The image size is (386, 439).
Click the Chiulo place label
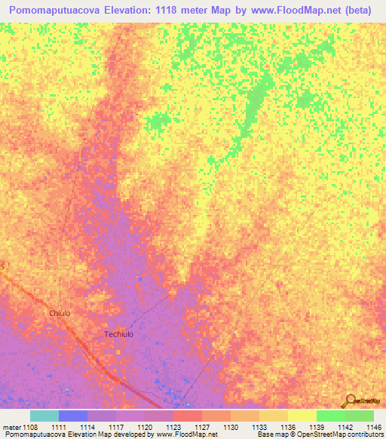(x=60, y=313)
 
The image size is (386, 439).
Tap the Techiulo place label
(x=118, y=334)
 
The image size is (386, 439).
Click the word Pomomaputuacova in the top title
(x=66, y=11)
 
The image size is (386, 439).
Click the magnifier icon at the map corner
(x=350, y=401)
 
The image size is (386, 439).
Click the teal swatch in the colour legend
(x=44, y=416)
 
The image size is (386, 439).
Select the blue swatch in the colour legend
(x=73, y=416)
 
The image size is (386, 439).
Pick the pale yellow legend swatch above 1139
(x=302, y=416)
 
